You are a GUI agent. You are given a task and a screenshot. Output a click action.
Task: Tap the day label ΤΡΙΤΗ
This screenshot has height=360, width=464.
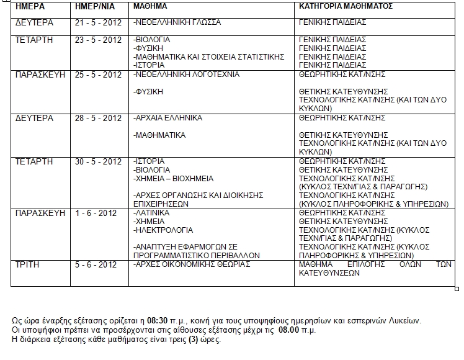point(27,264)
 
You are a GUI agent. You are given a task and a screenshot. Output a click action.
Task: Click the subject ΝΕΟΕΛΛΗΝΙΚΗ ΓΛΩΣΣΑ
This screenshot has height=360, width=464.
point(177,22)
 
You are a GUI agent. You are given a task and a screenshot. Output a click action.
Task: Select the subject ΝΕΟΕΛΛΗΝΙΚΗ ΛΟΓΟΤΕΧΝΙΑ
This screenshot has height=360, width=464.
point(186,74)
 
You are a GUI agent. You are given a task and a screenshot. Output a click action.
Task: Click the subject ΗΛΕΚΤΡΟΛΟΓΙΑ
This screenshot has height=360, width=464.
point(160,230)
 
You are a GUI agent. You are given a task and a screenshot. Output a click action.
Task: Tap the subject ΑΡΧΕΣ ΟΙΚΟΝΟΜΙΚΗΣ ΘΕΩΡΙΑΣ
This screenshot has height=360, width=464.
point(192,264)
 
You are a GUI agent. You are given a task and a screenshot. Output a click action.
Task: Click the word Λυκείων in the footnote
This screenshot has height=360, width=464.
point(406,320)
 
